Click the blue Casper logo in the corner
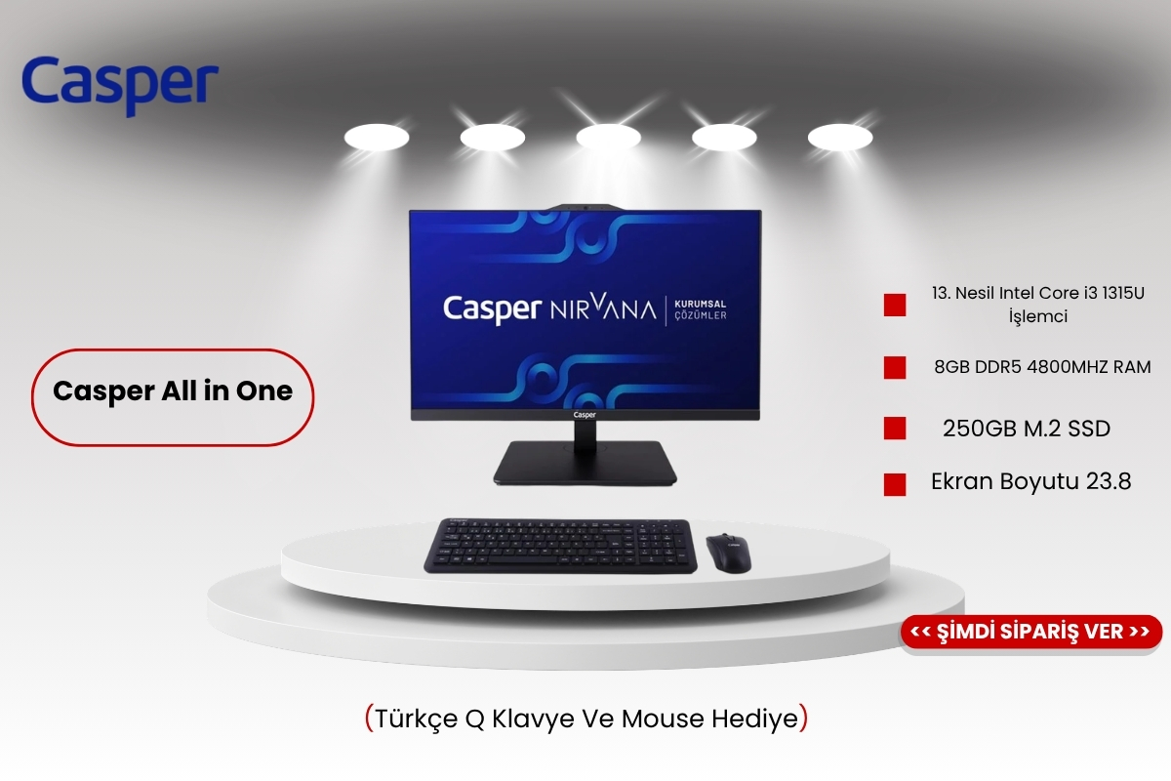point(120,85)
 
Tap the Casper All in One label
point(173,397)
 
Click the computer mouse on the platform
point(729,553)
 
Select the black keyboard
point(560,546)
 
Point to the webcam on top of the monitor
point(585,207)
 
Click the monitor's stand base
point(585,462)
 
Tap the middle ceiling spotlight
point(609,137)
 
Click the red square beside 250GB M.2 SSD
point(895,429)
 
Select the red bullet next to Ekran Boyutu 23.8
point(895,484)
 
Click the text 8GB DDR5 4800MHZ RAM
point(1042,367)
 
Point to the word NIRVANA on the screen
point(603,308)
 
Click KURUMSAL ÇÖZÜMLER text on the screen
point(700,309)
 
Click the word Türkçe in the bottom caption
point(416,719)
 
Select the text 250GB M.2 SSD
point(1027,429)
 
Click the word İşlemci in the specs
point(1038,316)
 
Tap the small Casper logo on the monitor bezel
point(585,415)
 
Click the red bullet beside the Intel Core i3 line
point(895,305)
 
